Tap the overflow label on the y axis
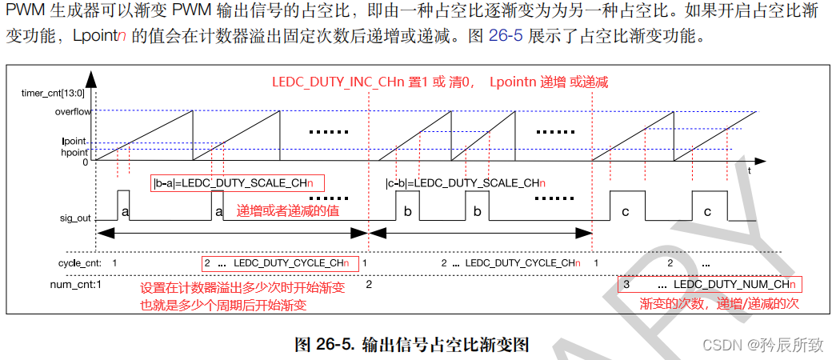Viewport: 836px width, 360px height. (x=72, y=111)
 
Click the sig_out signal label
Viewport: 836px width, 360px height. (x=74, y=218)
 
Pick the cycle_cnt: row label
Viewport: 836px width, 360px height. (x=78, y=262)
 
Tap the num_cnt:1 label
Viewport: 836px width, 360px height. (x=76, y=283)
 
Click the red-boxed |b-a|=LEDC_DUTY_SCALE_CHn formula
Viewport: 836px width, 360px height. (x=237, y=183)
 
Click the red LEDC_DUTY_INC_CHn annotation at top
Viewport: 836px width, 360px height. (x=440, y=82)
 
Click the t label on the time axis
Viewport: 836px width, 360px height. (x=749, y=170)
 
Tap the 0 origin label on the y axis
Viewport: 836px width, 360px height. (x=86, y=162)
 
